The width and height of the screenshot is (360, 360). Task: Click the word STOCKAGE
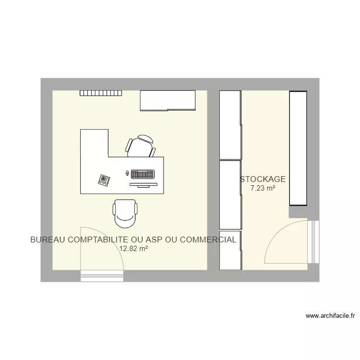tap(263, 180)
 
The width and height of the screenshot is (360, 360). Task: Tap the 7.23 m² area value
tap(263, 189)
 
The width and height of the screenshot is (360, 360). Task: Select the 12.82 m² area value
tap(133, 249)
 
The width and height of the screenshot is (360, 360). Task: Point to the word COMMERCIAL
tap(207, 240)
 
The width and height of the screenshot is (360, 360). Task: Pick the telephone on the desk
tap(104, 180)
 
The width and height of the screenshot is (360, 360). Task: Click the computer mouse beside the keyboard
tap(127, 173)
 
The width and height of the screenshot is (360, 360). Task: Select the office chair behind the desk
tap(141, 146)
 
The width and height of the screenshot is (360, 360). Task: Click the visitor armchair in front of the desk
tap(126, 213)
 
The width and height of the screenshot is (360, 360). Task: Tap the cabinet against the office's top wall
tap(168, 100)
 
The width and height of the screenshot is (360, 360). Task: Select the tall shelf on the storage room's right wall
tap(298, 149)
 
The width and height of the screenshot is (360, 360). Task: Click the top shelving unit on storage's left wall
tap(230, 125)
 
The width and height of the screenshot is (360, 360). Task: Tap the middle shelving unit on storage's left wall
tap(230, 194)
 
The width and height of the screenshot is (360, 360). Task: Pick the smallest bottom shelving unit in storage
tap(230, 251)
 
